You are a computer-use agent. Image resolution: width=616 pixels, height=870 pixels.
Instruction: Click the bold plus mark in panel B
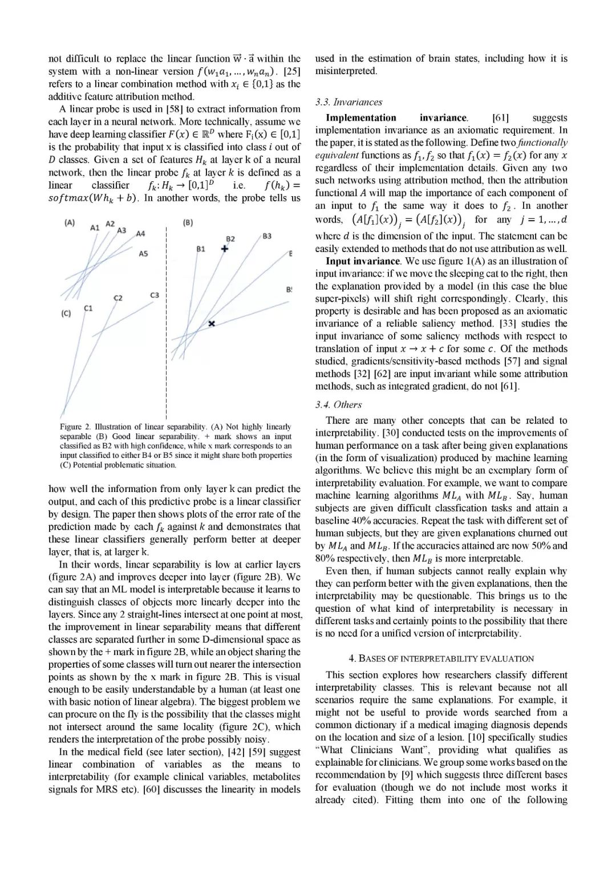pyautogui.click(x=225, y=249)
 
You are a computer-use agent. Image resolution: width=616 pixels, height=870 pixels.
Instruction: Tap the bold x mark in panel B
pyautogui.click(x=212, y=323)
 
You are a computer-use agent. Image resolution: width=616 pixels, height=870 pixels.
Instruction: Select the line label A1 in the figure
pyautogui.click(x=95, y=228)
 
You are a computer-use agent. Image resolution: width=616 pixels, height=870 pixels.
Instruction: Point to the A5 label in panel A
pyautogui.click(x=143, y=254)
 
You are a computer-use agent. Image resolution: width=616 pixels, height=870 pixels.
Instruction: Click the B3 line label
pyautogui.click(x=267, y=236)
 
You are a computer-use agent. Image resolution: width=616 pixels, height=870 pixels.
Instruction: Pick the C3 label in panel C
pyautogui.click(x=155, y=295)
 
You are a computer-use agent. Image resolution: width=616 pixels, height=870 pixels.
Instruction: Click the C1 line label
pyautogui.click(x=88, y=308)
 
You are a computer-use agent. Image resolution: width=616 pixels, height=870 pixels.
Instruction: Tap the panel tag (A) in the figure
pyautogui.click(x=70, y=223)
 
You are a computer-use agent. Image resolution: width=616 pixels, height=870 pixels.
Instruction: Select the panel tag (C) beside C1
pyautogui.click(x=66, y=314)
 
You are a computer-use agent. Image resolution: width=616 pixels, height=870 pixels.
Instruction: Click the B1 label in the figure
pyautogui.click(x=201, y=249)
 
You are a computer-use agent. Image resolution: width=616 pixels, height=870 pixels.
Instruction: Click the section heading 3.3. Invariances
pyautogui.click(x=348, y=102)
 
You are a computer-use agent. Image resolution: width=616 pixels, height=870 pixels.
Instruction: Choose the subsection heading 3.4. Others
pyautogui.click(x=338, y=405)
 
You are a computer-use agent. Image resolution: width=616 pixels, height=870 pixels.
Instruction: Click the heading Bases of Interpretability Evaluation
pyautogui.click(x=441, y=658)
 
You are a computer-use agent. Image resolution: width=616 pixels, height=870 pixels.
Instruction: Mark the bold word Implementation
pyautogui.click(x=360, y=118)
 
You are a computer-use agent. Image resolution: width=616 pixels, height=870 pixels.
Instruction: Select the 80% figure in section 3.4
pyautogui.click(x=325, y=559)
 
